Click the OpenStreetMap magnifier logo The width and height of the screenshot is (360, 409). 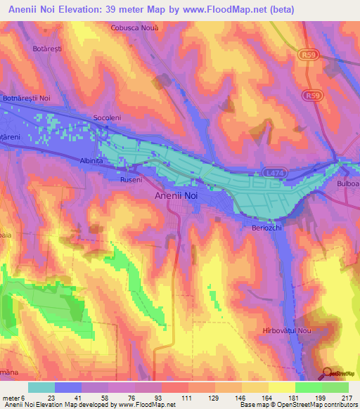[327, 374]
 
